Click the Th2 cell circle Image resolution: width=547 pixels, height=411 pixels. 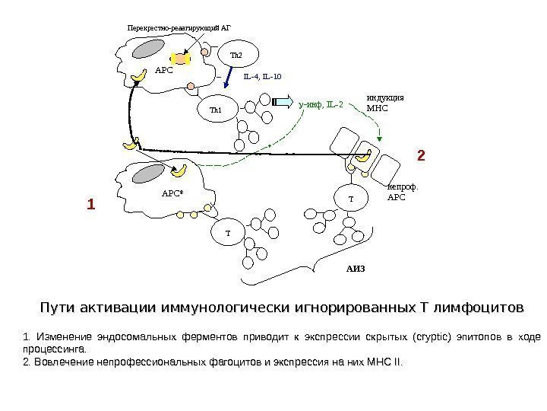pyautogui.click(x=238, y=56)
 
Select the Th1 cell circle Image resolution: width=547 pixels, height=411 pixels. pyautogui.click(x=216, y=110)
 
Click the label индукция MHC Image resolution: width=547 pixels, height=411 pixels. pyautogui.click(x=384, y=103)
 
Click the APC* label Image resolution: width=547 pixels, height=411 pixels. pyautogui.click(x=173, y=193)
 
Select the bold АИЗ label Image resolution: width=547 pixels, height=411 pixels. pyautogui.click(x=356, y=269)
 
